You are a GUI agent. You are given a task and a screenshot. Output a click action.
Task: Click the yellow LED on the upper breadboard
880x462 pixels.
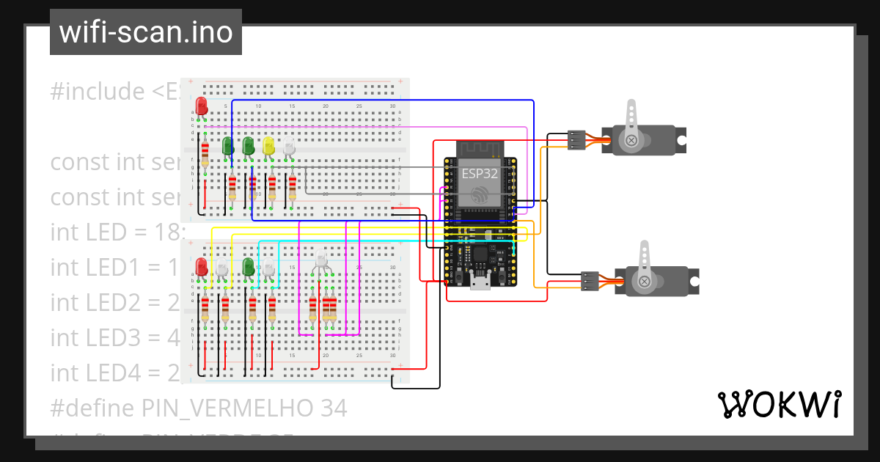tap(268, 145)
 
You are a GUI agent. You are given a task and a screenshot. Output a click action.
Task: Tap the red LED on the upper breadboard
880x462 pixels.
tap(202, 106)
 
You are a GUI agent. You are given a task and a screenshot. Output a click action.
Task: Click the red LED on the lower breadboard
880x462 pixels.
tap(202, 267)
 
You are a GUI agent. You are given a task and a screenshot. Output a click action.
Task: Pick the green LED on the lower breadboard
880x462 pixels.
tap(249, 265)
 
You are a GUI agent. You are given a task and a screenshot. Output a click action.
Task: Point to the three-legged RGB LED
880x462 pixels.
tap(320, 260)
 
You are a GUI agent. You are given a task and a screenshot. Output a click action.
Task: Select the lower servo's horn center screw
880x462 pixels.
tap(644, 281)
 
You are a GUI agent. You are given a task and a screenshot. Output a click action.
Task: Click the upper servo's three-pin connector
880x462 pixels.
tap(576, 139)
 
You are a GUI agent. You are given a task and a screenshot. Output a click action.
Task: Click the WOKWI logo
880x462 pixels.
tap(779, 404)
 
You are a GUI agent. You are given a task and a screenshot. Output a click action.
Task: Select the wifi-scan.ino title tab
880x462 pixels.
tap(145, 32)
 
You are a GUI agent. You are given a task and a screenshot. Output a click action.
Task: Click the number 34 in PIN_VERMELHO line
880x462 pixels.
tap(333, 408)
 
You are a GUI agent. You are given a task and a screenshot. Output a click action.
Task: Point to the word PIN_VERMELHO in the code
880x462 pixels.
tap(227, 408)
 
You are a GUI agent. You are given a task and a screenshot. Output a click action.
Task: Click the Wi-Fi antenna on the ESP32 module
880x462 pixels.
tap(481, 149)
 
